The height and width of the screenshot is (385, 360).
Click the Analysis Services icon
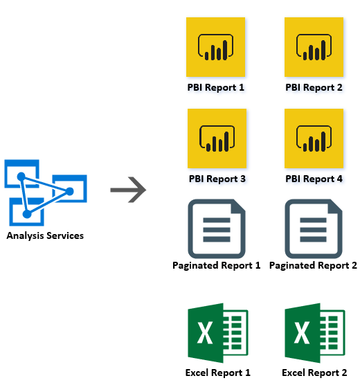point(46,192)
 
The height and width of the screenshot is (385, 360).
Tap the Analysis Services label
point(45,235)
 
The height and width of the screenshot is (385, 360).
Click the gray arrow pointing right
point(128,190)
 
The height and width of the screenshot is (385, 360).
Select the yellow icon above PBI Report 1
point(215,47)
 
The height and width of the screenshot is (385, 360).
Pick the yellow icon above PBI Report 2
point(314,47)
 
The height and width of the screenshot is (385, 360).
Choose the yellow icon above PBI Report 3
point(217,138)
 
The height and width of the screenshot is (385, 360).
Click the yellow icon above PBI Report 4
point(314,138)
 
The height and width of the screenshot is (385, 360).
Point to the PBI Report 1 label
point(216,88)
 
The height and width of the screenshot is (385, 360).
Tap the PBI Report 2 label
point(314,88)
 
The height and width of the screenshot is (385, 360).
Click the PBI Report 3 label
point(217,179)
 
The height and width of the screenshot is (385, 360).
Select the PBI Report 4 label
point(314,179)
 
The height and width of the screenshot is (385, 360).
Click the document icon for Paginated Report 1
point(217,229)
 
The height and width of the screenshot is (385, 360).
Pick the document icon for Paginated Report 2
point(314,229)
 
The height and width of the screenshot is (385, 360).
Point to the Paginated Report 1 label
point(216,266)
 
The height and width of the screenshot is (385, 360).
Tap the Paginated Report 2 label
point(313,266)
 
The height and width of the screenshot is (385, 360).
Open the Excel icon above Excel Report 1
point(218,333)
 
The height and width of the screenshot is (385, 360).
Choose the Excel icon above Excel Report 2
point(315,333)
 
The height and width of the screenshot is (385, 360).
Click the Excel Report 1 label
point(218,373)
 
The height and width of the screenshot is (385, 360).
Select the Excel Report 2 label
point(314,373)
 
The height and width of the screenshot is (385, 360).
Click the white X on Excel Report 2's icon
point(302,333)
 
